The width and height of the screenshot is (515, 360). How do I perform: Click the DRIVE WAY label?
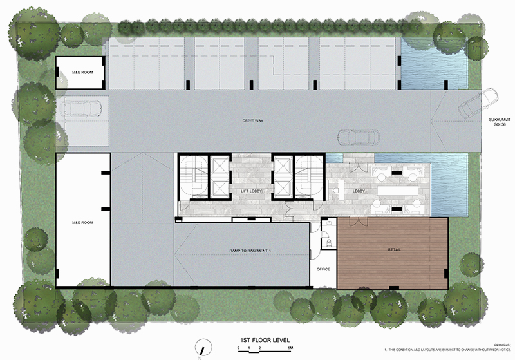[252, 120]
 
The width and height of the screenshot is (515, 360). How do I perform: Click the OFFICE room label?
[323, 269]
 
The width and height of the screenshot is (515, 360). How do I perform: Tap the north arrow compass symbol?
[203, 346]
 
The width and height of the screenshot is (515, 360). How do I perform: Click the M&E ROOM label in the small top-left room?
[82, 73]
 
